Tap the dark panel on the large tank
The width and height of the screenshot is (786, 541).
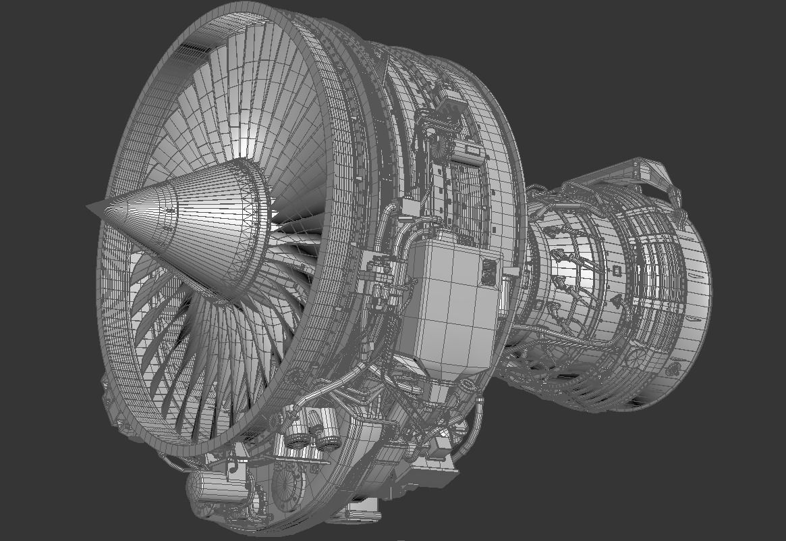click(x=490, y=274)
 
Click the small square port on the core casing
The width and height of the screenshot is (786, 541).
click(x=615, y=270)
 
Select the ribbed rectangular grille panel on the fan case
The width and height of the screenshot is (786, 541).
click(x=466, y=203)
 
